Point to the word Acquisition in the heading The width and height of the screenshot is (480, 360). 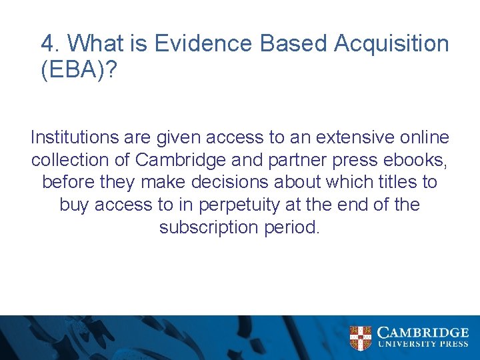[x=391, y=44]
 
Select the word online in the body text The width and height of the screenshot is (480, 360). [x=425, y=138]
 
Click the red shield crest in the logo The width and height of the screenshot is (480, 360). [x=361, y=337]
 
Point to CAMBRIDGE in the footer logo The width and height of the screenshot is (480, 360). [x=423, y=333]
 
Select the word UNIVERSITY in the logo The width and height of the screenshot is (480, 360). [x=405, y=345]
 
